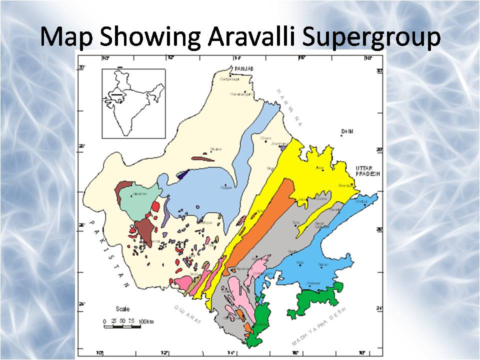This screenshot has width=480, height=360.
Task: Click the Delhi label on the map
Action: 347,131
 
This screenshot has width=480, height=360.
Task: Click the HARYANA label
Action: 289,107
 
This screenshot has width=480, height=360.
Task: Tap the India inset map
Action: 133,103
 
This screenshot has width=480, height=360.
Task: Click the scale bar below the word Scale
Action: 122,327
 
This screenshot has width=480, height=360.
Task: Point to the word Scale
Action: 122,309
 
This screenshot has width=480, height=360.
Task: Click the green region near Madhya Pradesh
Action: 315,300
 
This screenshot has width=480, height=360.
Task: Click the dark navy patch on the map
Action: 183,174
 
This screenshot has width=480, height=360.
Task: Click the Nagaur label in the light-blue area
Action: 226,188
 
